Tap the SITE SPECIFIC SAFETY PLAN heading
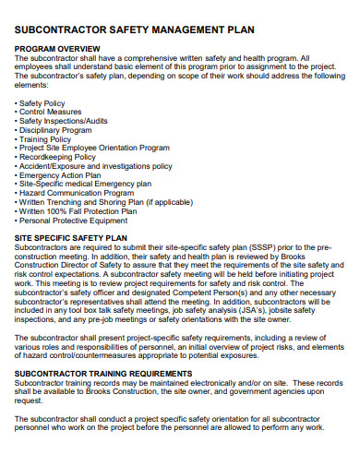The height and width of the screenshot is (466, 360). coord(71,237)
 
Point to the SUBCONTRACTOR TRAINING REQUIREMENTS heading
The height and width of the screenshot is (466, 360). coord(115,374)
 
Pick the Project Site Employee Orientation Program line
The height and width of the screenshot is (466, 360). coord(94,148)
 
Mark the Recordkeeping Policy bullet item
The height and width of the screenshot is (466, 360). coord(61,157)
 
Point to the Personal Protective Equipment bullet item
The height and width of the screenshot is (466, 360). coord(74,221)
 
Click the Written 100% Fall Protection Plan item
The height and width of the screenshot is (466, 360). coord(78,211)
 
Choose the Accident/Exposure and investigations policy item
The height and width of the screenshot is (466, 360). coord(96,166)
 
